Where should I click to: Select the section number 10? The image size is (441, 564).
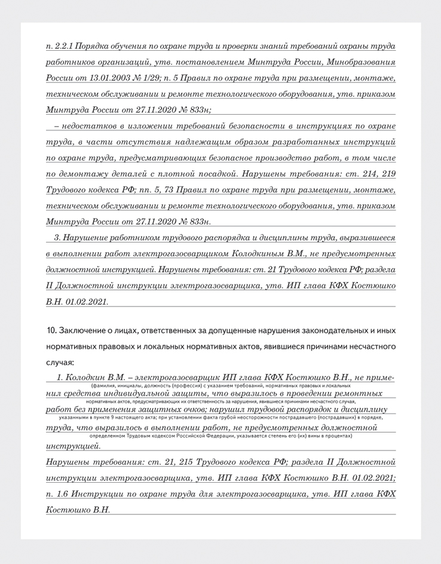click(51, 330)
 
